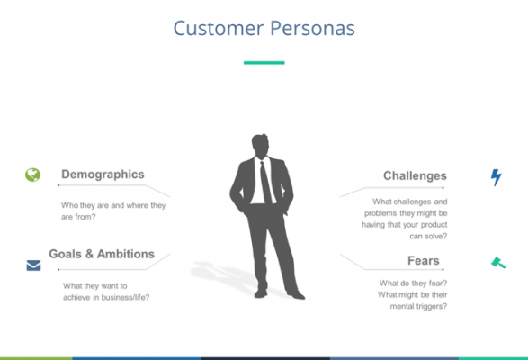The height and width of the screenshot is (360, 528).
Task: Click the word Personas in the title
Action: tap(311, 29)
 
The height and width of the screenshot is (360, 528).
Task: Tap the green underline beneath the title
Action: tap(264, 63)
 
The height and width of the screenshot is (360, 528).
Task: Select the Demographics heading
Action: tap(103, 175)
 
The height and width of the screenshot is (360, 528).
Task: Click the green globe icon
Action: tap(33, 175)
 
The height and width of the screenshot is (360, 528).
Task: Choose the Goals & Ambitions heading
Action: tap(102, 254)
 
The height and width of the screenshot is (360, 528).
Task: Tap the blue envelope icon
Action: tap(33, 265)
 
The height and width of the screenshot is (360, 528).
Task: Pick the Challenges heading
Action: tap(415, 175)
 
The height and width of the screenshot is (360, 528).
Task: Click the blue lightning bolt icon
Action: tap(496, 177)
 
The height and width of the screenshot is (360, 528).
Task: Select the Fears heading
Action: tap(423, 261)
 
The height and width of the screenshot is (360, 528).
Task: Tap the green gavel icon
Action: tap(497, 263)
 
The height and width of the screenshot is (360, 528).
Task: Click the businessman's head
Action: tap(260, 146)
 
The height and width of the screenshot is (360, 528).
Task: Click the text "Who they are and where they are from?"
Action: tap(113, 211)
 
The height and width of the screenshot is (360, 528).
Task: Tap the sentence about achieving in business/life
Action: tap(106, 292)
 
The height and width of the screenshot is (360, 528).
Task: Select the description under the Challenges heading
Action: tap(406, 219)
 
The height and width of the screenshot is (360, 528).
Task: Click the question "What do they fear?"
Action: tap(413, 283)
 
